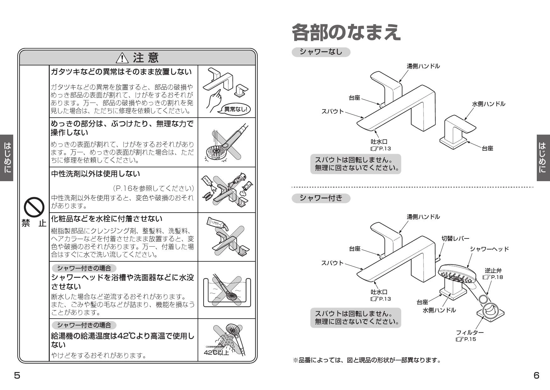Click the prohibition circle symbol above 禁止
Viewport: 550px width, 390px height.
pos(34,206)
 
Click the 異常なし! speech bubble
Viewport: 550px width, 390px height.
pos(235,109)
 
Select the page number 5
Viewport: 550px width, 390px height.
pos(17,375)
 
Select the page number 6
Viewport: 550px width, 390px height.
pos(536,375)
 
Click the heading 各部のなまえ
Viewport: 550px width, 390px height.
pos(346,32)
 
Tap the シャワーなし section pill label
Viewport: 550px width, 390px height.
pos(321,52)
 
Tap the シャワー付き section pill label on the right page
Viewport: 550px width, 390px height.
pos(321,198)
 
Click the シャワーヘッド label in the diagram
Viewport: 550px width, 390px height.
pos(489,249)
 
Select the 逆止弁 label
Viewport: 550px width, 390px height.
pos(493,270)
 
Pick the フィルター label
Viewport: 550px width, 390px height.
pos(470,332)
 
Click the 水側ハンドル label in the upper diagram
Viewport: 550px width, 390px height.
pos(488,103)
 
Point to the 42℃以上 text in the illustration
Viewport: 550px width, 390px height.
pos(216,353)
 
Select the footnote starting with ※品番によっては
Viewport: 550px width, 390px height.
pos(367,360)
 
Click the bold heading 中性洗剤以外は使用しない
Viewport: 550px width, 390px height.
pos(95,173)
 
